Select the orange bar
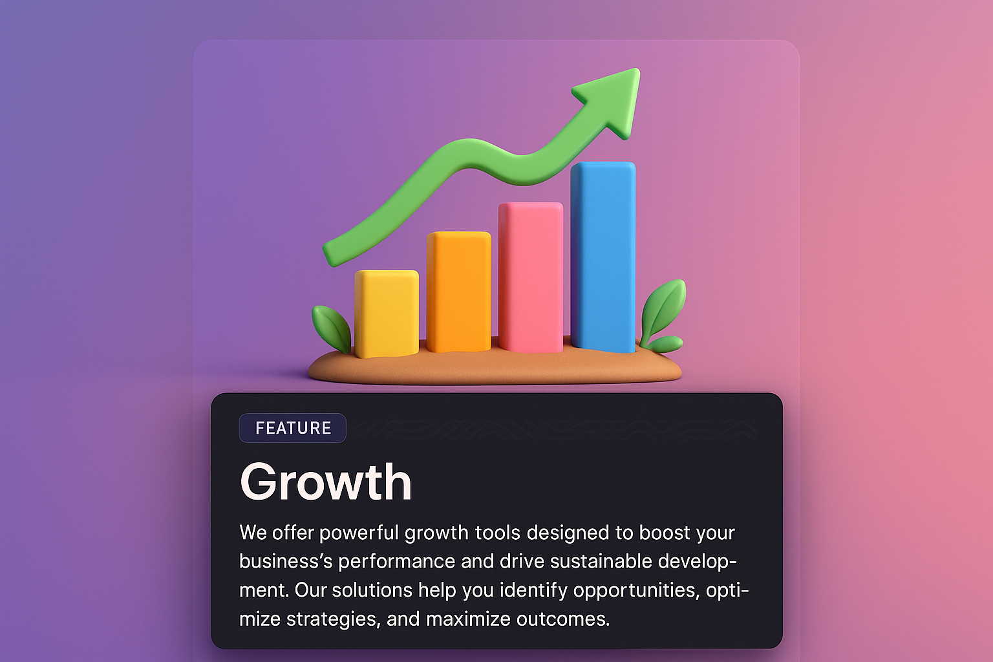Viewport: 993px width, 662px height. (458, 292)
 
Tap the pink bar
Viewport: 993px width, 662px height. (530, 278)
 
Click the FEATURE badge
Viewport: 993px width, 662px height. (293, 428)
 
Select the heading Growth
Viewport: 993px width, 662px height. (326, 482)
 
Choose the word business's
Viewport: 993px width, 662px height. (286, 561)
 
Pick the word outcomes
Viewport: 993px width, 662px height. (563, 619)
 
